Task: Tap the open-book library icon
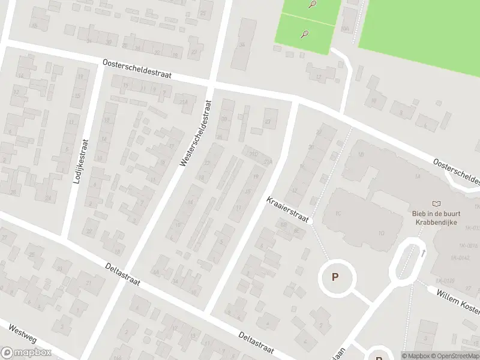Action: [x=437, y=205]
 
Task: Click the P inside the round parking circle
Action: [x=335, y=277]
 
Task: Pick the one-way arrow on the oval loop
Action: [x=423, y=253]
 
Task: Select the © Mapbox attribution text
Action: [x=419, y=356]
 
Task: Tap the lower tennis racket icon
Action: [x=305, y=34]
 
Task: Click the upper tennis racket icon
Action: [x=312, y=5]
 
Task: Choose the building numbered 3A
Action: [x=242, y=44]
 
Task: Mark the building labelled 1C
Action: [x=338, y=213]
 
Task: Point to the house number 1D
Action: [x=382, y=233]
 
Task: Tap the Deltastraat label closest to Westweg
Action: [x=122, y=274]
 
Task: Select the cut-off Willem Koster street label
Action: [x=458, y=300]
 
